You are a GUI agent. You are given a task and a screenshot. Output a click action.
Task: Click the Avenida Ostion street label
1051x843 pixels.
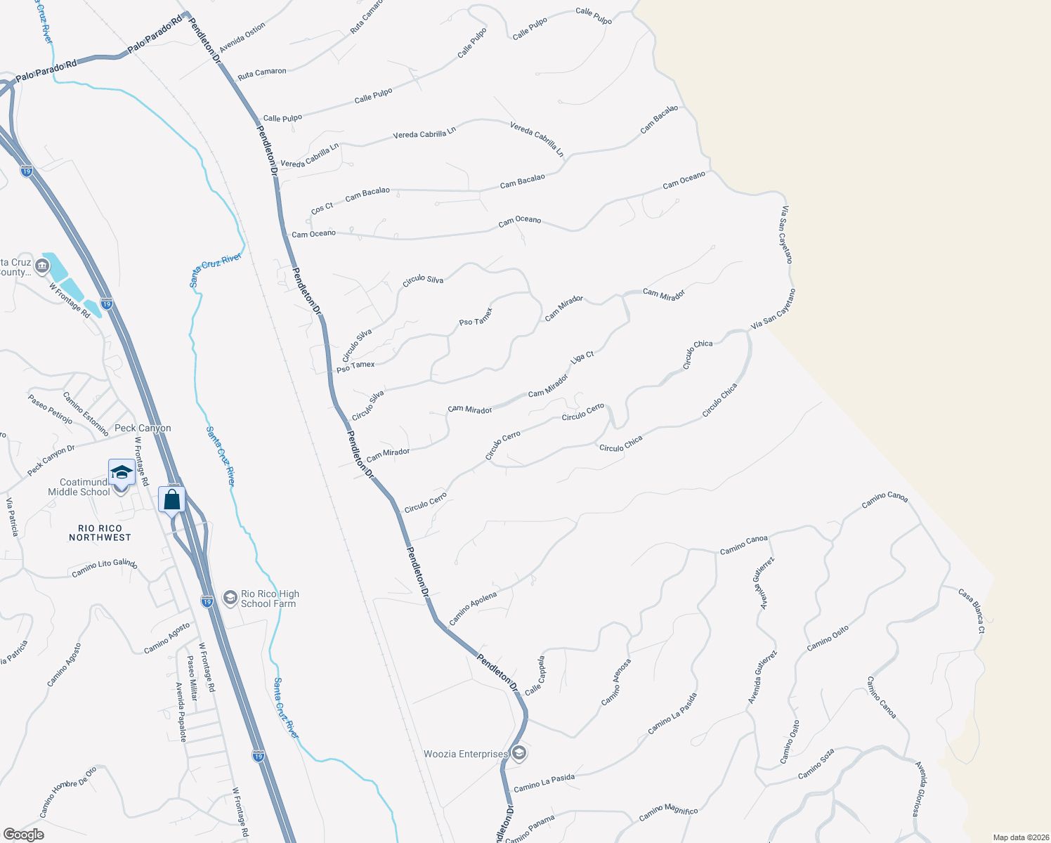pos(242,37)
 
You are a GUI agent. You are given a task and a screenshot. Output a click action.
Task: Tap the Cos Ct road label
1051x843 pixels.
pos(322,208)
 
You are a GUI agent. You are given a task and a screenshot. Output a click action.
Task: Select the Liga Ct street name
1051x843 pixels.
pos(582,357)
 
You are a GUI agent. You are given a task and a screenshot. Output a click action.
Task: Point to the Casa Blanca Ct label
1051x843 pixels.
pos(972,610)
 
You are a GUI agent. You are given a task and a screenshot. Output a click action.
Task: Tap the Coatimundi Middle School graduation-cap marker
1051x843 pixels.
pos(121,473)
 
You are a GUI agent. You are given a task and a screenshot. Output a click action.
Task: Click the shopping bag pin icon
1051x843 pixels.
pos(172,500)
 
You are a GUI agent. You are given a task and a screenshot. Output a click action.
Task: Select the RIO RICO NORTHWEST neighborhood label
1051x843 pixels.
pos(100,532)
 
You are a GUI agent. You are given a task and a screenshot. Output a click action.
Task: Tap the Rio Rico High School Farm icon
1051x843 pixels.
pos(230,597)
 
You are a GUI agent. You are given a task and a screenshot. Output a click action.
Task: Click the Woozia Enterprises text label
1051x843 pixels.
pos(465,754)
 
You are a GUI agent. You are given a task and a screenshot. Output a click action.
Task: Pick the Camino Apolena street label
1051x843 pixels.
pos(473,608)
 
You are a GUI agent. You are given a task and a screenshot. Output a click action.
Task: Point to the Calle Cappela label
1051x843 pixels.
pos(535,675)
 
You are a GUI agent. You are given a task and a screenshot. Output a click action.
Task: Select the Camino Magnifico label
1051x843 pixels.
pos(668,813)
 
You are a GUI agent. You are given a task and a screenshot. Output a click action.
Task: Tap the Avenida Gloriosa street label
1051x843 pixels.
pos(921,788)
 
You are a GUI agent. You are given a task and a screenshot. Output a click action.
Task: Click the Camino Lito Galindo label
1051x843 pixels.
pos(104,568)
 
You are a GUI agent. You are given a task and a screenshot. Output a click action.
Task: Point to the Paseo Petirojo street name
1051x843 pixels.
pos(50,409)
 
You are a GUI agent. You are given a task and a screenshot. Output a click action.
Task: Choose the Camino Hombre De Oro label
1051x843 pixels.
pos(68,792)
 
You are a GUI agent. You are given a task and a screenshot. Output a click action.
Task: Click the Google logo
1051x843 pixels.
pos(23,835)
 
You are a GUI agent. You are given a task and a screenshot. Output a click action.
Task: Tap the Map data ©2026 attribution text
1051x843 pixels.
pos(1018,837)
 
